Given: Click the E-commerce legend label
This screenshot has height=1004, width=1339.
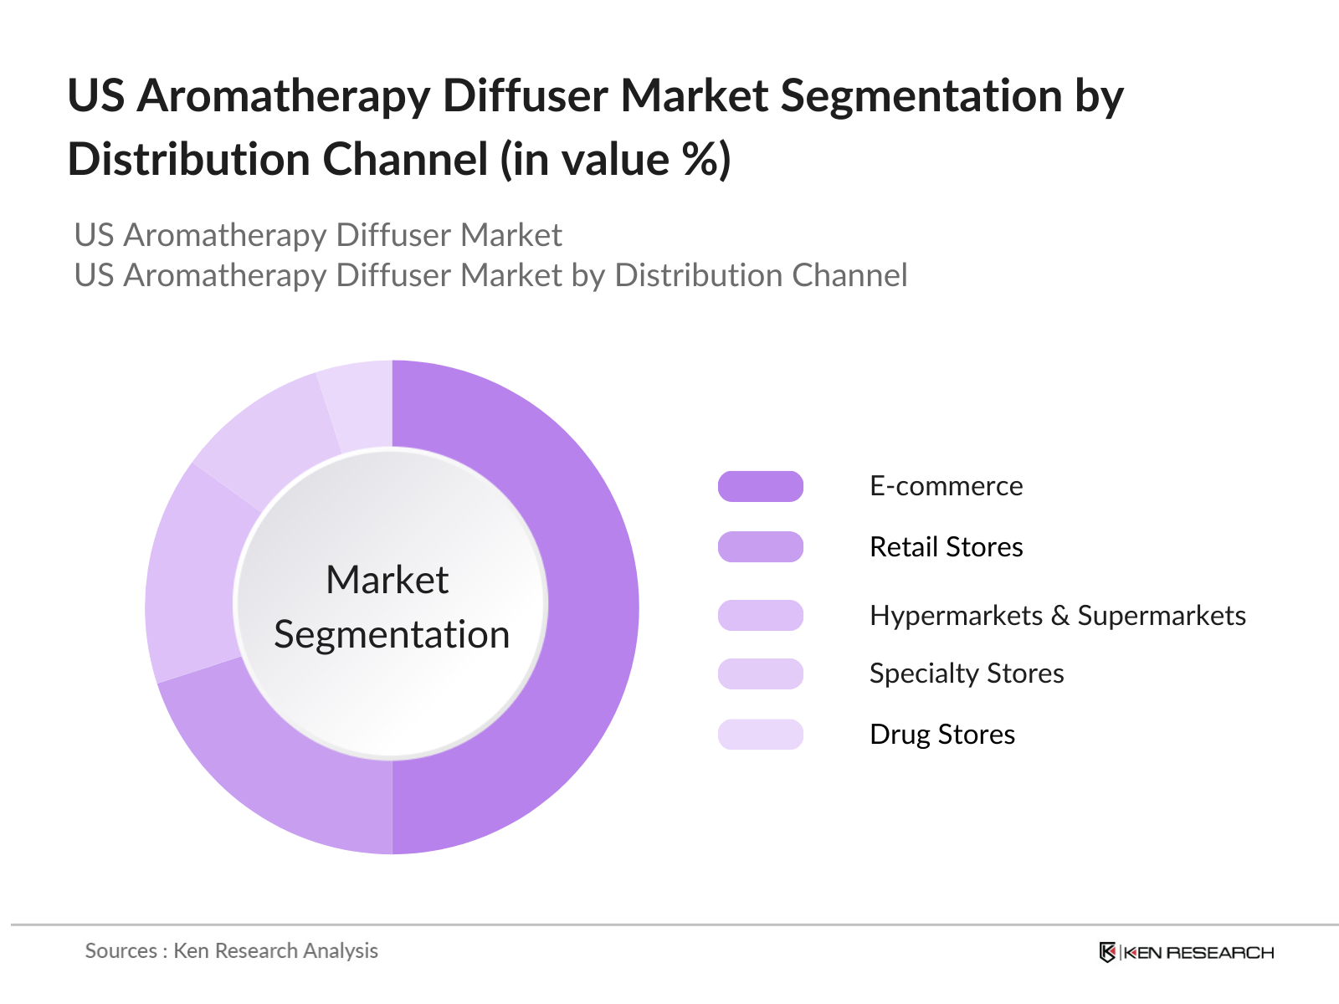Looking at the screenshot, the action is coord(947,486).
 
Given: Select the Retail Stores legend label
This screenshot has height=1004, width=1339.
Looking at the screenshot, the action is coord(947,546).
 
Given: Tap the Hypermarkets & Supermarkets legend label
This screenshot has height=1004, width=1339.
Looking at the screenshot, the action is coord(1058,615).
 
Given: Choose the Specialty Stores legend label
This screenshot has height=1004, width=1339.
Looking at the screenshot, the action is coord(967,674).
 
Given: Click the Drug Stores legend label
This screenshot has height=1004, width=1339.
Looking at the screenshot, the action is coord(942,734).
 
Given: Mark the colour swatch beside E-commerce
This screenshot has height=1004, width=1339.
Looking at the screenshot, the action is coord(761,486).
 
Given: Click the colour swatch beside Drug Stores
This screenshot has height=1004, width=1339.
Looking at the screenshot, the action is coord(761,734).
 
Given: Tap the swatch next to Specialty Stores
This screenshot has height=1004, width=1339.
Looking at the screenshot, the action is coord(761,674).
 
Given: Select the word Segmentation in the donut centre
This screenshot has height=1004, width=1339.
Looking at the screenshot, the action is coord(392,635).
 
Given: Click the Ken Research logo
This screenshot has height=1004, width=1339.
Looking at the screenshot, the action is coord(1186,952).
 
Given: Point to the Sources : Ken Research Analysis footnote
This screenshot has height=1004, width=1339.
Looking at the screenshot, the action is coord(231,951).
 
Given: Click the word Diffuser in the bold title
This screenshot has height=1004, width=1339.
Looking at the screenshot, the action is coord(526,95).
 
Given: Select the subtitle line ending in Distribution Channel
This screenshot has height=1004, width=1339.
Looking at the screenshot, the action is coord(491,275).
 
